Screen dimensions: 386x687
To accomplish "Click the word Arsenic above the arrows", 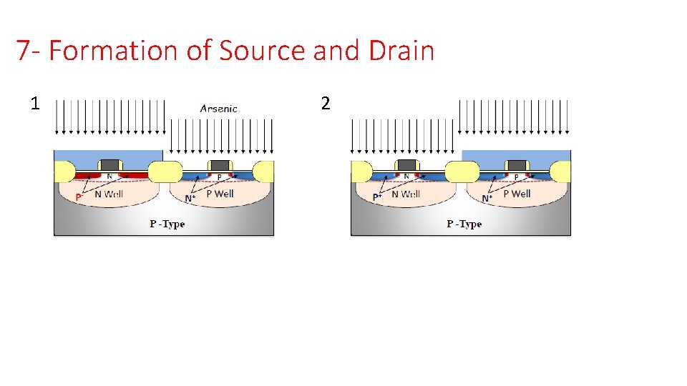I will pyautogui.click(x=218, y=109).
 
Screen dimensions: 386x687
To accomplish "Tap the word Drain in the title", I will pyautogui.click(x=402, y=51).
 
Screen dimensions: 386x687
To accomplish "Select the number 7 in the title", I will pyautogui.click(x=24, y=51).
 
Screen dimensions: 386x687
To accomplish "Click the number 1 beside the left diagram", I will pyautogui.click(x=34, y=104).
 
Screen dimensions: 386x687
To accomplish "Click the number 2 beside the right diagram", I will pyautogui.click(x=326, y=104).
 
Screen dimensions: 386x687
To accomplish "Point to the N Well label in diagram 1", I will pyautogui.click(x=109, y=194).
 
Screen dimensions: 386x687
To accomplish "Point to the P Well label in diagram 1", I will pyautogui.click(x=220, y=193).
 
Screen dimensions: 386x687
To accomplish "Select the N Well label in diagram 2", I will pyautogui.click(x=406, y=194).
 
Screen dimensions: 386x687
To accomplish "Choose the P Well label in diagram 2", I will pyautogui.click(x=517, y=193).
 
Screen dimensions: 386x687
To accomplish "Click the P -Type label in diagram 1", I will pyautogui.click(x=167, y=224).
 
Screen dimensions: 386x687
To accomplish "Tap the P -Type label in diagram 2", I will pyautogui.click(x=464, y=224).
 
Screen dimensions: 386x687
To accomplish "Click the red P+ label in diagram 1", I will pyautogui.click(x=79, y=197).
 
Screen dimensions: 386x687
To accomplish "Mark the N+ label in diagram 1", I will pyautogui.click(x=190, y=198).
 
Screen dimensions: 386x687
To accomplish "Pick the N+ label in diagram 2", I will pyautogui.click(x=487, y=198).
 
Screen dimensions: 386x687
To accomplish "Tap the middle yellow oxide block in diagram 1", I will pyautogui.click(x=165, y=172).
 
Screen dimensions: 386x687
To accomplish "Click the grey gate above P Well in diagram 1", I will pyautogui.click(x=220, y=166).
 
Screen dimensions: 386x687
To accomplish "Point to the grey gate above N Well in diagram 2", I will pyautogui.click(x=406, y=166).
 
